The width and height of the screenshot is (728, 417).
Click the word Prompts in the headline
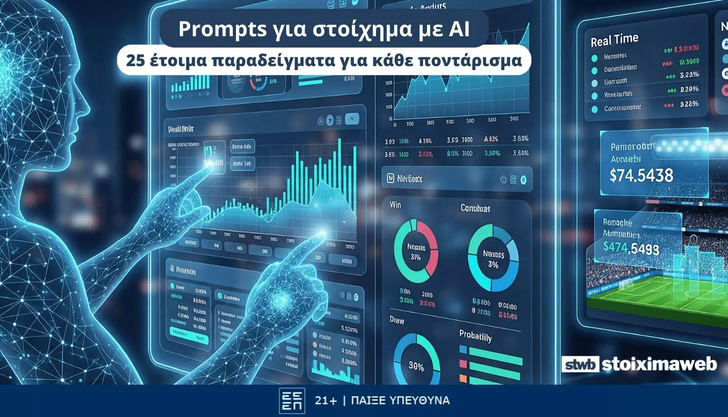tap(222, 29)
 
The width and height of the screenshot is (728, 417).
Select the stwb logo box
tap(580, 365)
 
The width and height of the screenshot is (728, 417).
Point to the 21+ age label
tap(326, 400)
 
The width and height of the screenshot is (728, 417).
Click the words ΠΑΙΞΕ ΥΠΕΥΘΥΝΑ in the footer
tap(401, 400)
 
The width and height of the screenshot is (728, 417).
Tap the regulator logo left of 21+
tap(292, 401)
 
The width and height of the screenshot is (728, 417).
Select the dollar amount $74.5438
tap(641, 175)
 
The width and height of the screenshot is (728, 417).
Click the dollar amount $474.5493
tap(631, 247)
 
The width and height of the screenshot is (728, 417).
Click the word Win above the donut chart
tap(395, 204)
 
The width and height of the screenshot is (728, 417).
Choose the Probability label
tap(475, 336)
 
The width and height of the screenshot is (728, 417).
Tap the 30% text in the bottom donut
tap(416, 366)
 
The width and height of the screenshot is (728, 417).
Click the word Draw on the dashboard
tap(397, 320)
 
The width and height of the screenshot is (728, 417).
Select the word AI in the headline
tap(458, 29)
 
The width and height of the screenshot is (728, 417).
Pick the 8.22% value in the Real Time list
tap(689, 104)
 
